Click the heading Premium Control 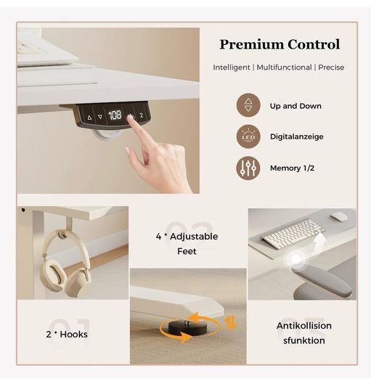point(280,44)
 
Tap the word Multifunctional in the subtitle point(284,67)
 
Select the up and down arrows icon point(248,105)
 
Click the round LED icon point(248,136)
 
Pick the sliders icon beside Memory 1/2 point(248,168)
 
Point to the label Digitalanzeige point(297,136)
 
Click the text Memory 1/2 point(292,168)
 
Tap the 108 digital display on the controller point(115,115)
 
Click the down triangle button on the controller point(100,117)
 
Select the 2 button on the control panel point(142,115)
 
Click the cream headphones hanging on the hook point(65,263)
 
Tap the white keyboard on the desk point(293,234)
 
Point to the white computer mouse point(339,216)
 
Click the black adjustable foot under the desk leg point(188,327)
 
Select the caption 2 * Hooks point(67,335)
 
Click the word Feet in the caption point(187,251)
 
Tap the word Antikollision point(304,326)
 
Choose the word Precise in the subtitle point(331,67)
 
